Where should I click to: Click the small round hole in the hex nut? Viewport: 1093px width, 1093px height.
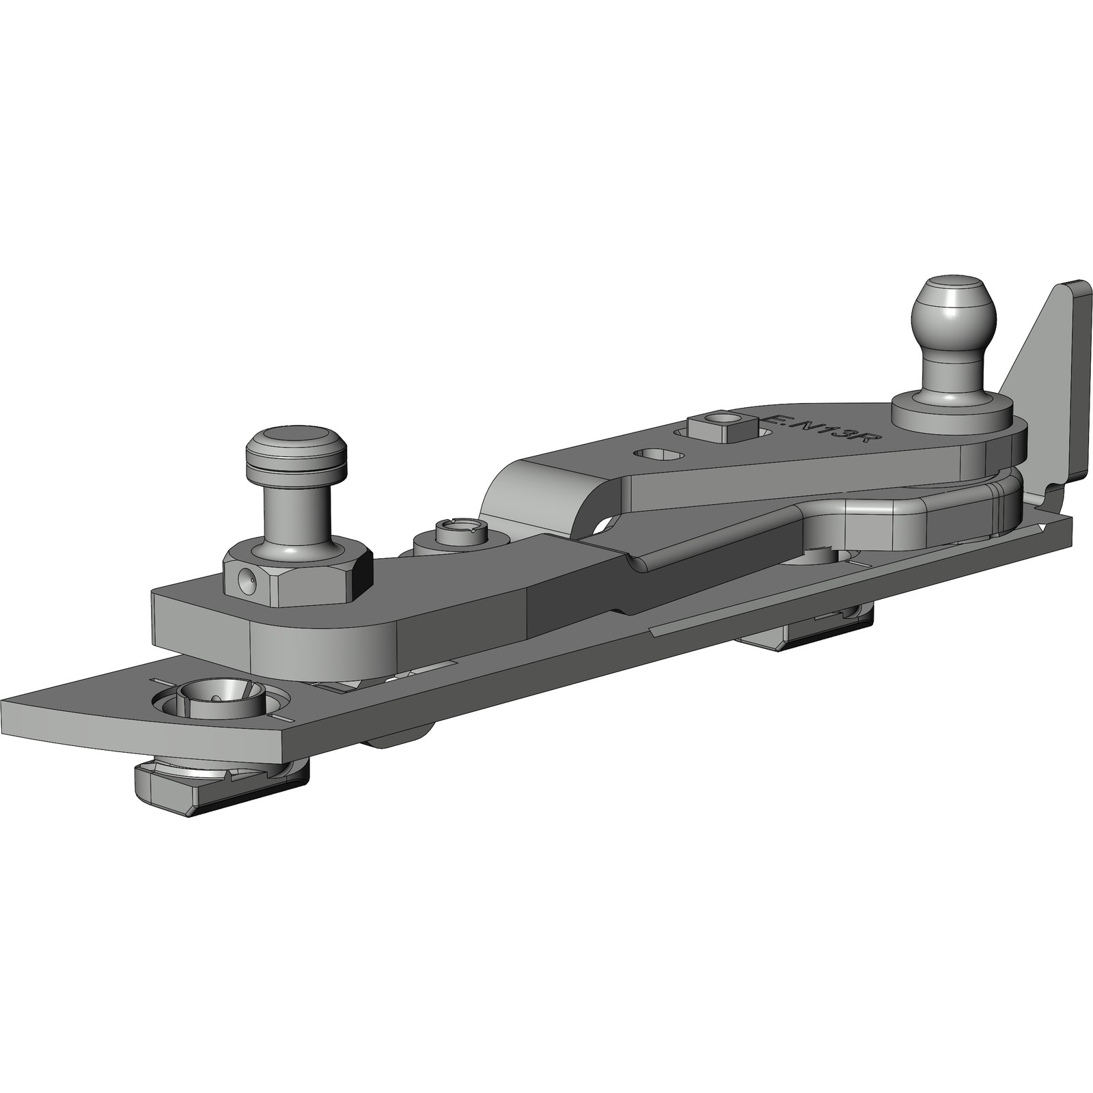pyautogui.click(x=247, y=580)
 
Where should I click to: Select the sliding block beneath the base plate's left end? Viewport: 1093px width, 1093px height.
pyautogui.click(x=219, y=786)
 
